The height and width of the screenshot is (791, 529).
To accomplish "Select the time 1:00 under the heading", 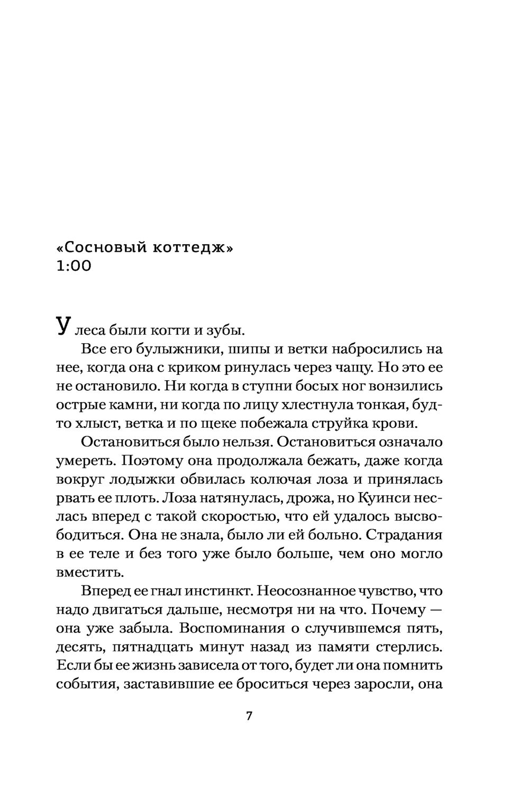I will (74, 266).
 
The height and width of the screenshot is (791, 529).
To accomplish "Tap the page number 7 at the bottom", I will (250, 717).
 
